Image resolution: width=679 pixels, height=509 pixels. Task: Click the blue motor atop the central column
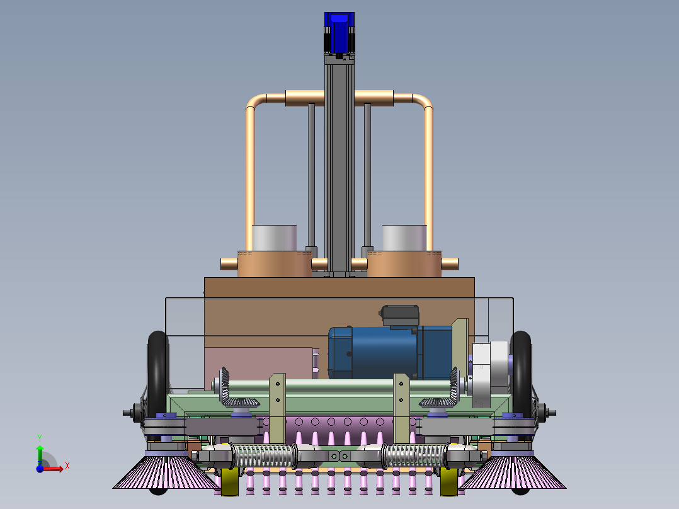(x=339, y=33)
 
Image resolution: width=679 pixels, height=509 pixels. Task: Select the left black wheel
(x=157, y=374)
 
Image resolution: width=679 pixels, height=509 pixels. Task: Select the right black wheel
(x=521, y=374)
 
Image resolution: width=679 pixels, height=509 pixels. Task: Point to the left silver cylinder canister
(x=274, y=238)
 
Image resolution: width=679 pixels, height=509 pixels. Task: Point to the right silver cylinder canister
(x=404, y=238)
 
